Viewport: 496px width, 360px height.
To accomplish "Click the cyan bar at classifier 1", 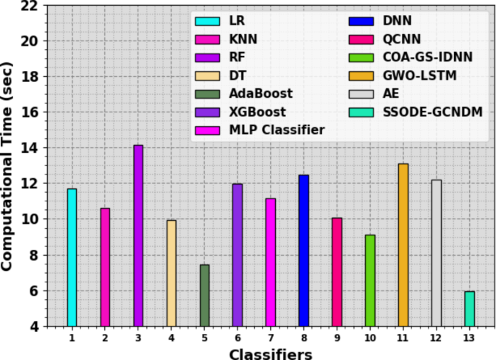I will click(72, 257).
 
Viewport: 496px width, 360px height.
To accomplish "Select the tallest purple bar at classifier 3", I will click(138, 235).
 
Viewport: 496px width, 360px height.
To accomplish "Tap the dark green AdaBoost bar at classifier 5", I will click(204, 296).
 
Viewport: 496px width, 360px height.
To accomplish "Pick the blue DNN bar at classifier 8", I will click(303, 251).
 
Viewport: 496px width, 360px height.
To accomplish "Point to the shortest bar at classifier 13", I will click(469, 309).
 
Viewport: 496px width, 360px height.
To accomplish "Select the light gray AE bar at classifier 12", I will click(436, 253).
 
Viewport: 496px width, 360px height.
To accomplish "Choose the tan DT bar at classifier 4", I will click(172, 273).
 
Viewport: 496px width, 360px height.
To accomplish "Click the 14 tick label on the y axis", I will click(30, 148).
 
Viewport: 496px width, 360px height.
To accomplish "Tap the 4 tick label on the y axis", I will click(33, 327).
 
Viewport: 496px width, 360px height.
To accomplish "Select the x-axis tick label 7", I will click(271, 338).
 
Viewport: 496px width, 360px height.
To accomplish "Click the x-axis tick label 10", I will click(370, 338).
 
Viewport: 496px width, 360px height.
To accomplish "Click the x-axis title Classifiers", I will click(270, 353).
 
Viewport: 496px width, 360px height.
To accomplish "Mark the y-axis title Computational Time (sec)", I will click(9, 165).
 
